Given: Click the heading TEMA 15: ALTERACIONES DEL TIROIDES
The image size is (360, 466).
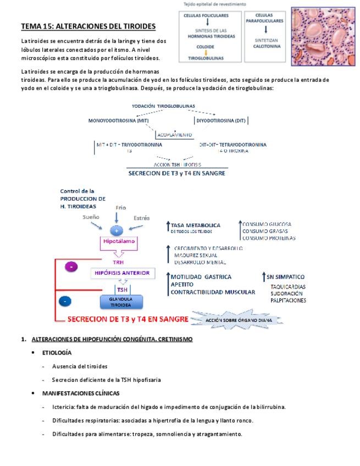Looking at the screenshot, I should tap(88, 26).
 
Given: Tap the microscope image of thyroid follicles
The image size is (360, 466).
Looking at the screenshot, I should tap(323, 36).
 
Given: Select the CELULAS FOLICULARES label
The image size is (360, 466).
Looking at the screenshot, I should tap(206, 16).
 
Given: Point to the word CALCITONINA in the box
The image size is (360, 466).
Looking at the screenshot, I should tap(266, 47).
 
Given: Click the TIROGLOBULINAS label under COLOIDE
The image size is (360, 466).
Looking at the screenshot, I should tap(206, 57).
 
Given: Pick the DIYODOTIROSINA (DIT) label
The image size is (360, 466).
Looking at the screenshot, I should tap(221, 120).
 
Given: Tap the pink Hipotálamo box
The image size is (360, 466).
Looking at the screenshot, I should tap(117, 241).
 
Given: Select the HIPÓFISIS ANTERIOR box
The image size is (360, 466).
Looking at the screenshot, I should tap(123, 273).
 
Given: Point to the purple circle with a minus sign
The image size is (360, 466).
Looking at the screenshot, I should tap(71, 267).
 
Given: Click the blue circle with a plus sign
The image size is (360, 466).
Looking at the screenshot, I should tap(117, 230).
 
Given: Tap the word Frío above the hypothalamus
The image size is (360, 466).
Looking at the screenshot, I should tap(120, 207).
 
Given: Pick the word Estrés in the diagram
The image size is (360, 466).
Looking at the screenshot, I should tap(141, 218).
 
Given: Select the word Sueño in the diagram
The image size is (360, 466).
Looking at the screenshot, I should tap(91, 218).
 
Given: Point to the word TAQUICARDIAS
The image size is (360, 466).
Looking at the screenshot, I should tap(288, 286).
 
